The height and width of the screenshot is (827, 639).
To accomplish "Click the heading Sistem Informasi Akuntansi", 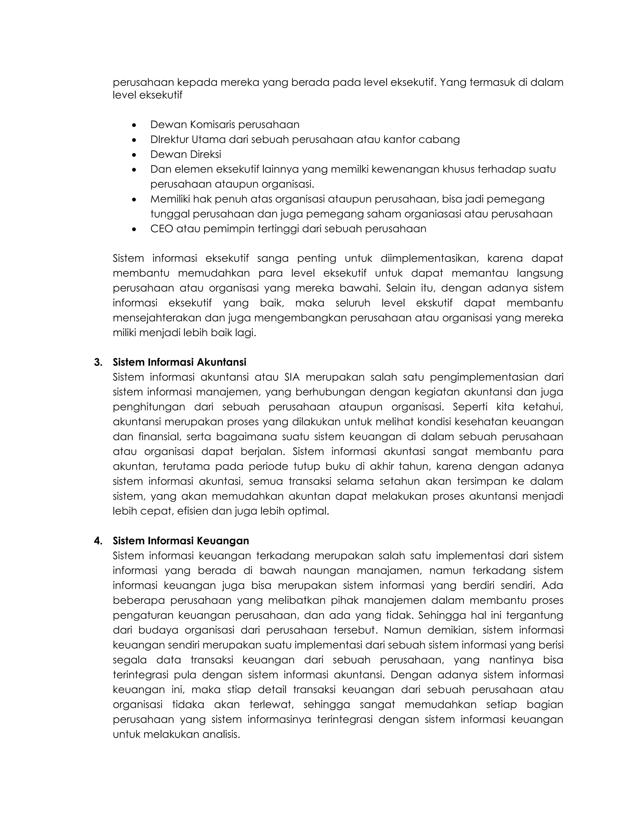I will click(x=179, y=362).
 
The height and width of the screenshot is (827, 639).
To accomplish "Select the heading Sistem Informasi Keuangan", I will click(x=181, y=541).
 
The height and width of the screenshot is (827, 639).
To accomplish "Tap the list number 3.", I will click(x=98, y=362).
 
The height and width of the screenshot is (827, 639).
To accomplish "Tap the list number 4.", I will click(x=98, y=541).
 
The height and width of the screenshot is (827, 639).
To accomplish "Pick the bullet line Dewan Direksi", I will click(x=186, y=154).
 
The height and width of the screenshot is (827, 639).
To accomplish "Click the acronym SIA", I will click(x=292, y=378).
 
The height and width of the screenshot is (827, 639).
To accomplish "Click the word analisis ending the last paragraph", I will click(x=221, y=735).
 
